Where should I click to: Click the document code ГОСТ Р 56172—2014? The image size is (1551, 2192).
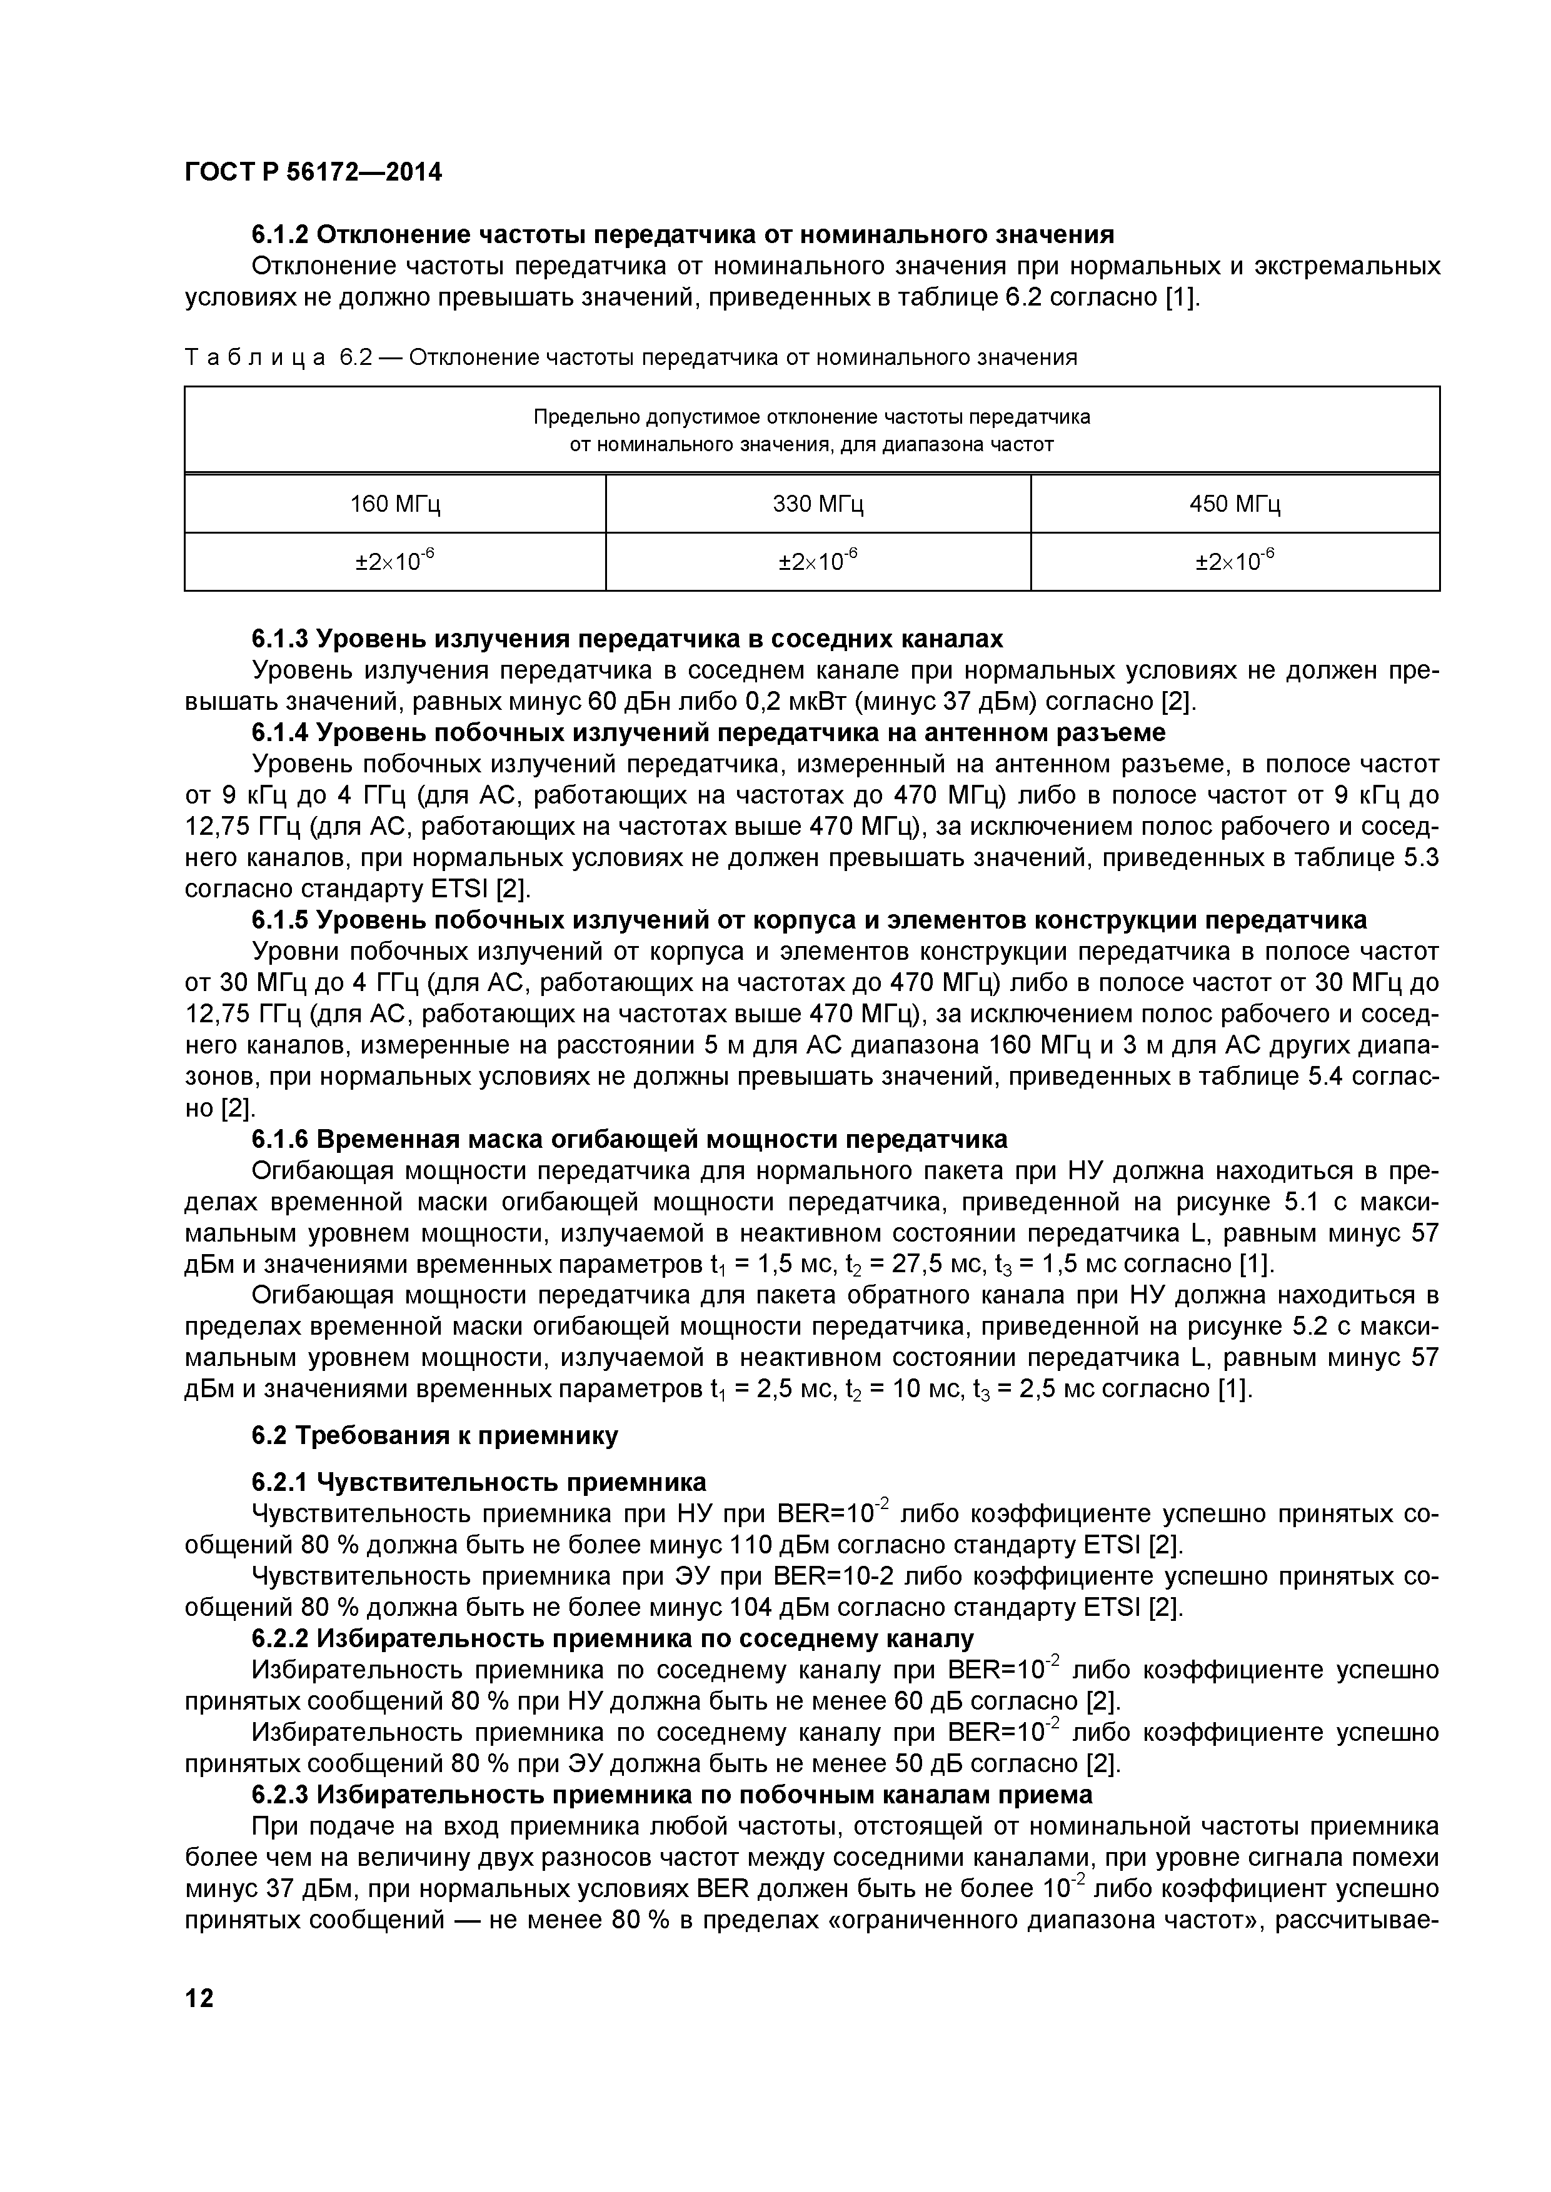click(313, 173)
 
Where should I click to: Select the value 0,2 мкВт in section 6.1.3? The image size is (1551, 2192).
click(781, 702)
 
